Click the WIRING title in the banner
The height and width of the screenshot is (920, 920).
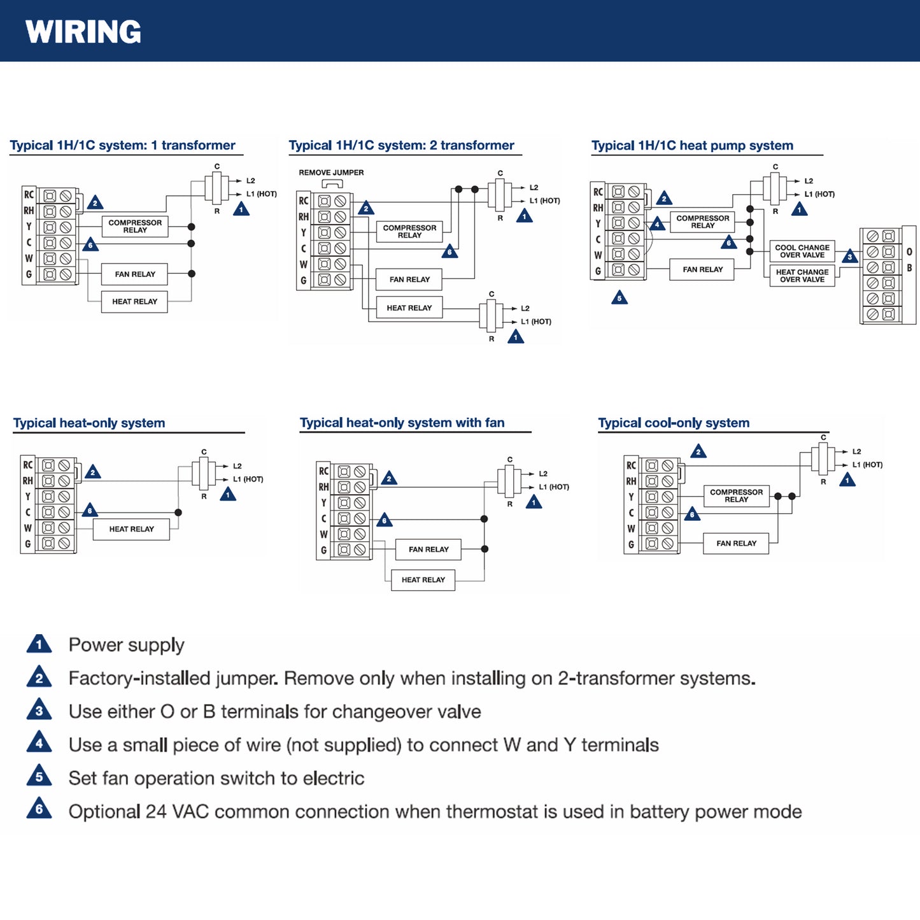click(83, 32)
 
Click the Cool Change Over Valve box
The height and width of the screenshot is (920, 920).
click(802, 251)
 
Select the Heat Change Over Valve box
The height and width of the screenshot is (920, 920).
click(802, 276)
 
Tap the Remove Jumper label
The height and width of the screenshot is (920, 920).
click(331, 173)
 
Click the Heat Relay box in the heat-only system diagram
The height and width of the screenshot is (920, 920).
click(131, 529)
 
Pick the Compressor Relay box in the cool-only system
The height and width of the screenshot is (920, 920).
click(736, 496)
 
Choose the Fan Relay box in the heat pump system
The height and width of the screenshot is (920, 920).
click(702, 270)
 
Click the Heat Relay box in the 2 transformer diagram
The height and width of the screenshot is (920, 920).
click(409, 308)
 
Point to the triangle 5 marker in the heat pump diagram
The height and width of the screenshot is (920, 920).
click(619, 298)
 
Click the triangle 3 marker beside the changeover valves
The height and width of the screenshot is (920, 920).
click(849, 257)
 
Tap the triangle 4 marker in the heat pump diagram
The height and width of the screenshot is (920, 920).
click(657, 224)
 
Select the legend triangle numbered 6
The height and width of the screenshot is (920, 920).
click(39, 809)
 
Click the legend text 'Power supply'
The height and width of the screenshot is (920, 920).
click(126, 645)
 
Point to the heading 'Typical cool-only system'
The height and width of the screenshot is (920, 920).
click(674, 423)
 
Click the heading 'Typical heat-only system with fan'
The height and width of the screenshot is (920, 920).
click(402, 423)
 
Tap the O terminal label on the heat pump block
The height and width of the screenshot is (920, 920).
click(909, 252)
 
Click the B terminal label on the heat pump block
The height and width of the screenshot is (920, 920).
click(909, 268)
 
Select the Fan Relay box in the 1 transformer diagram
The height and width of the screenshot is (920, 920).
click(135, 274)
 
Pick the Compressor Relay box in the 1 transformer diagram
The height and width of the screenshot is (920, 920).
click(135, 227)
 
